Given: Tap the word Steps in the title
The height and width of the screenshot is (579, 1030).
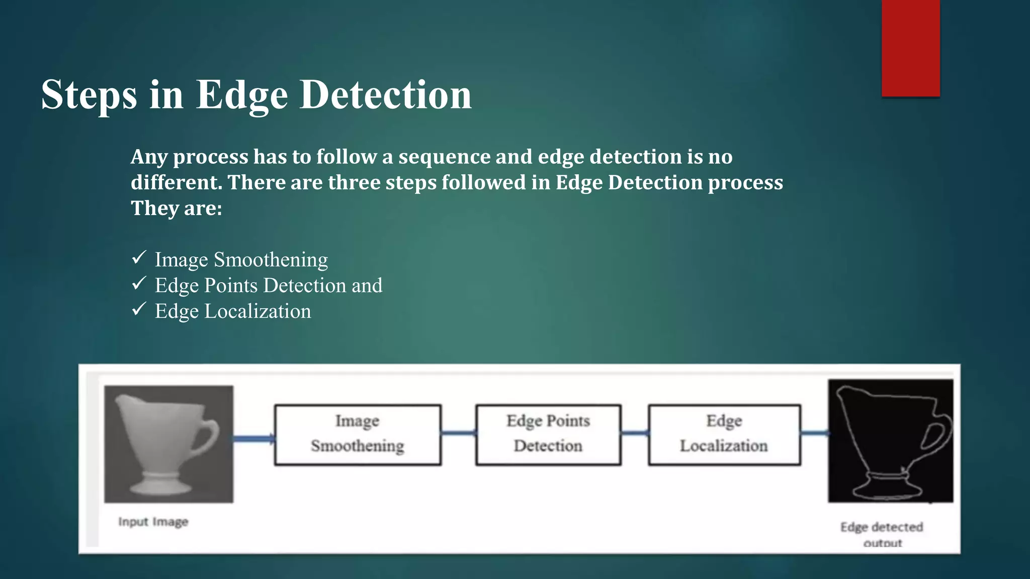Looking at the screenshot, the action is (x=89, y=95).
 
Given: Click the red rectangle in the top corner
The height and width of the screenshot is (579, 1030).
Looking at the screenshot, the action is (x=910, y=48).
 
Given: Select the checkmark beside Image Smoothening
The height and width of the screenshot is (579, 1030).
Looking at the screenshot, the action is (x=139, y=258).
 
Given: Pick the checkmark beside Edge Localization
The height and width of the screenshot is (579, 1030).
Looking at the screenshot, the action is (x=139, y=309).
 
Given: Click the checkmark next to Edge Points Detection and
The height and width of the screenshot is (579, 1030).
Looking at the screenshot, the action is (x=139, y=283).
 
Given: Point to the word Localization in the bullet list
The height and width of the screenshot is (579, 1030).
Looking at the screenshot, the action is (x=257, y=311).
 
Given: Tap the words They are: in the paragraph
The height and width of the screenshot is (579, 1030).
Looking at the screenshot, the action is (x=177, y=208).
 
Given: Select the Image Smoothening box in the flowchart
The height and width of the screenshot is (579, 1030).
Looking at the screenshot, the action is (x=358, y=435).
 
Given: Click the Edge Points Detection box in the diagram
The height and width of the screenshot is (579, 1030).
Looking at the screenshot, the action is (x=548, y=435).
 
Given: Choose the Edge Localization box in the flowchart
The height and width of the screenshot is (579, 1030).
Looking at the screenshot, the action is (x=724, y=435).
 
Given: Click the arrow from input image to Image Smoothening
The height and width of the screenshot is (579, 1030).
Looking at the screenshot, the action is (x=254, y=439).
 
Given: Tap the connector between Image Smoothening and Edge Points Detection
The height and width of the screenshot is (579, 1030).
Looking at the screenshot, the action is (x=458, y=433).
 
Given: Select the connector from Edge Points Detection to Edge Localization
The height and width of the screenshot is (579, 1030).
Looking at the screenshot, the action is (x=635, y=433).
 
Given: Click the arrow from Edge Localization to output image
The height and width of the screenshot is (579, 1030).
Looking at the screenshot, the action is (x=814, y=433).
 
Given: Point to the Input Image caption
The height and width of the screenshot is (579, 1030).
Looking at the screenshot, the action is (x=153, y=522).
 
